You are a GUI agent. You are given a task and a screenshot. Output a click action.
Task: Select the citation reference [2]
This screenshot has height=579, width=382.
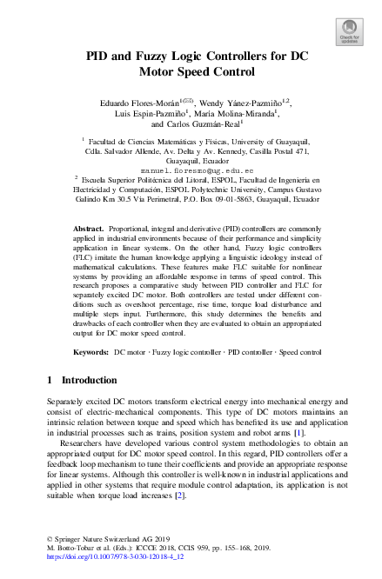(x=180, y=495)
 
